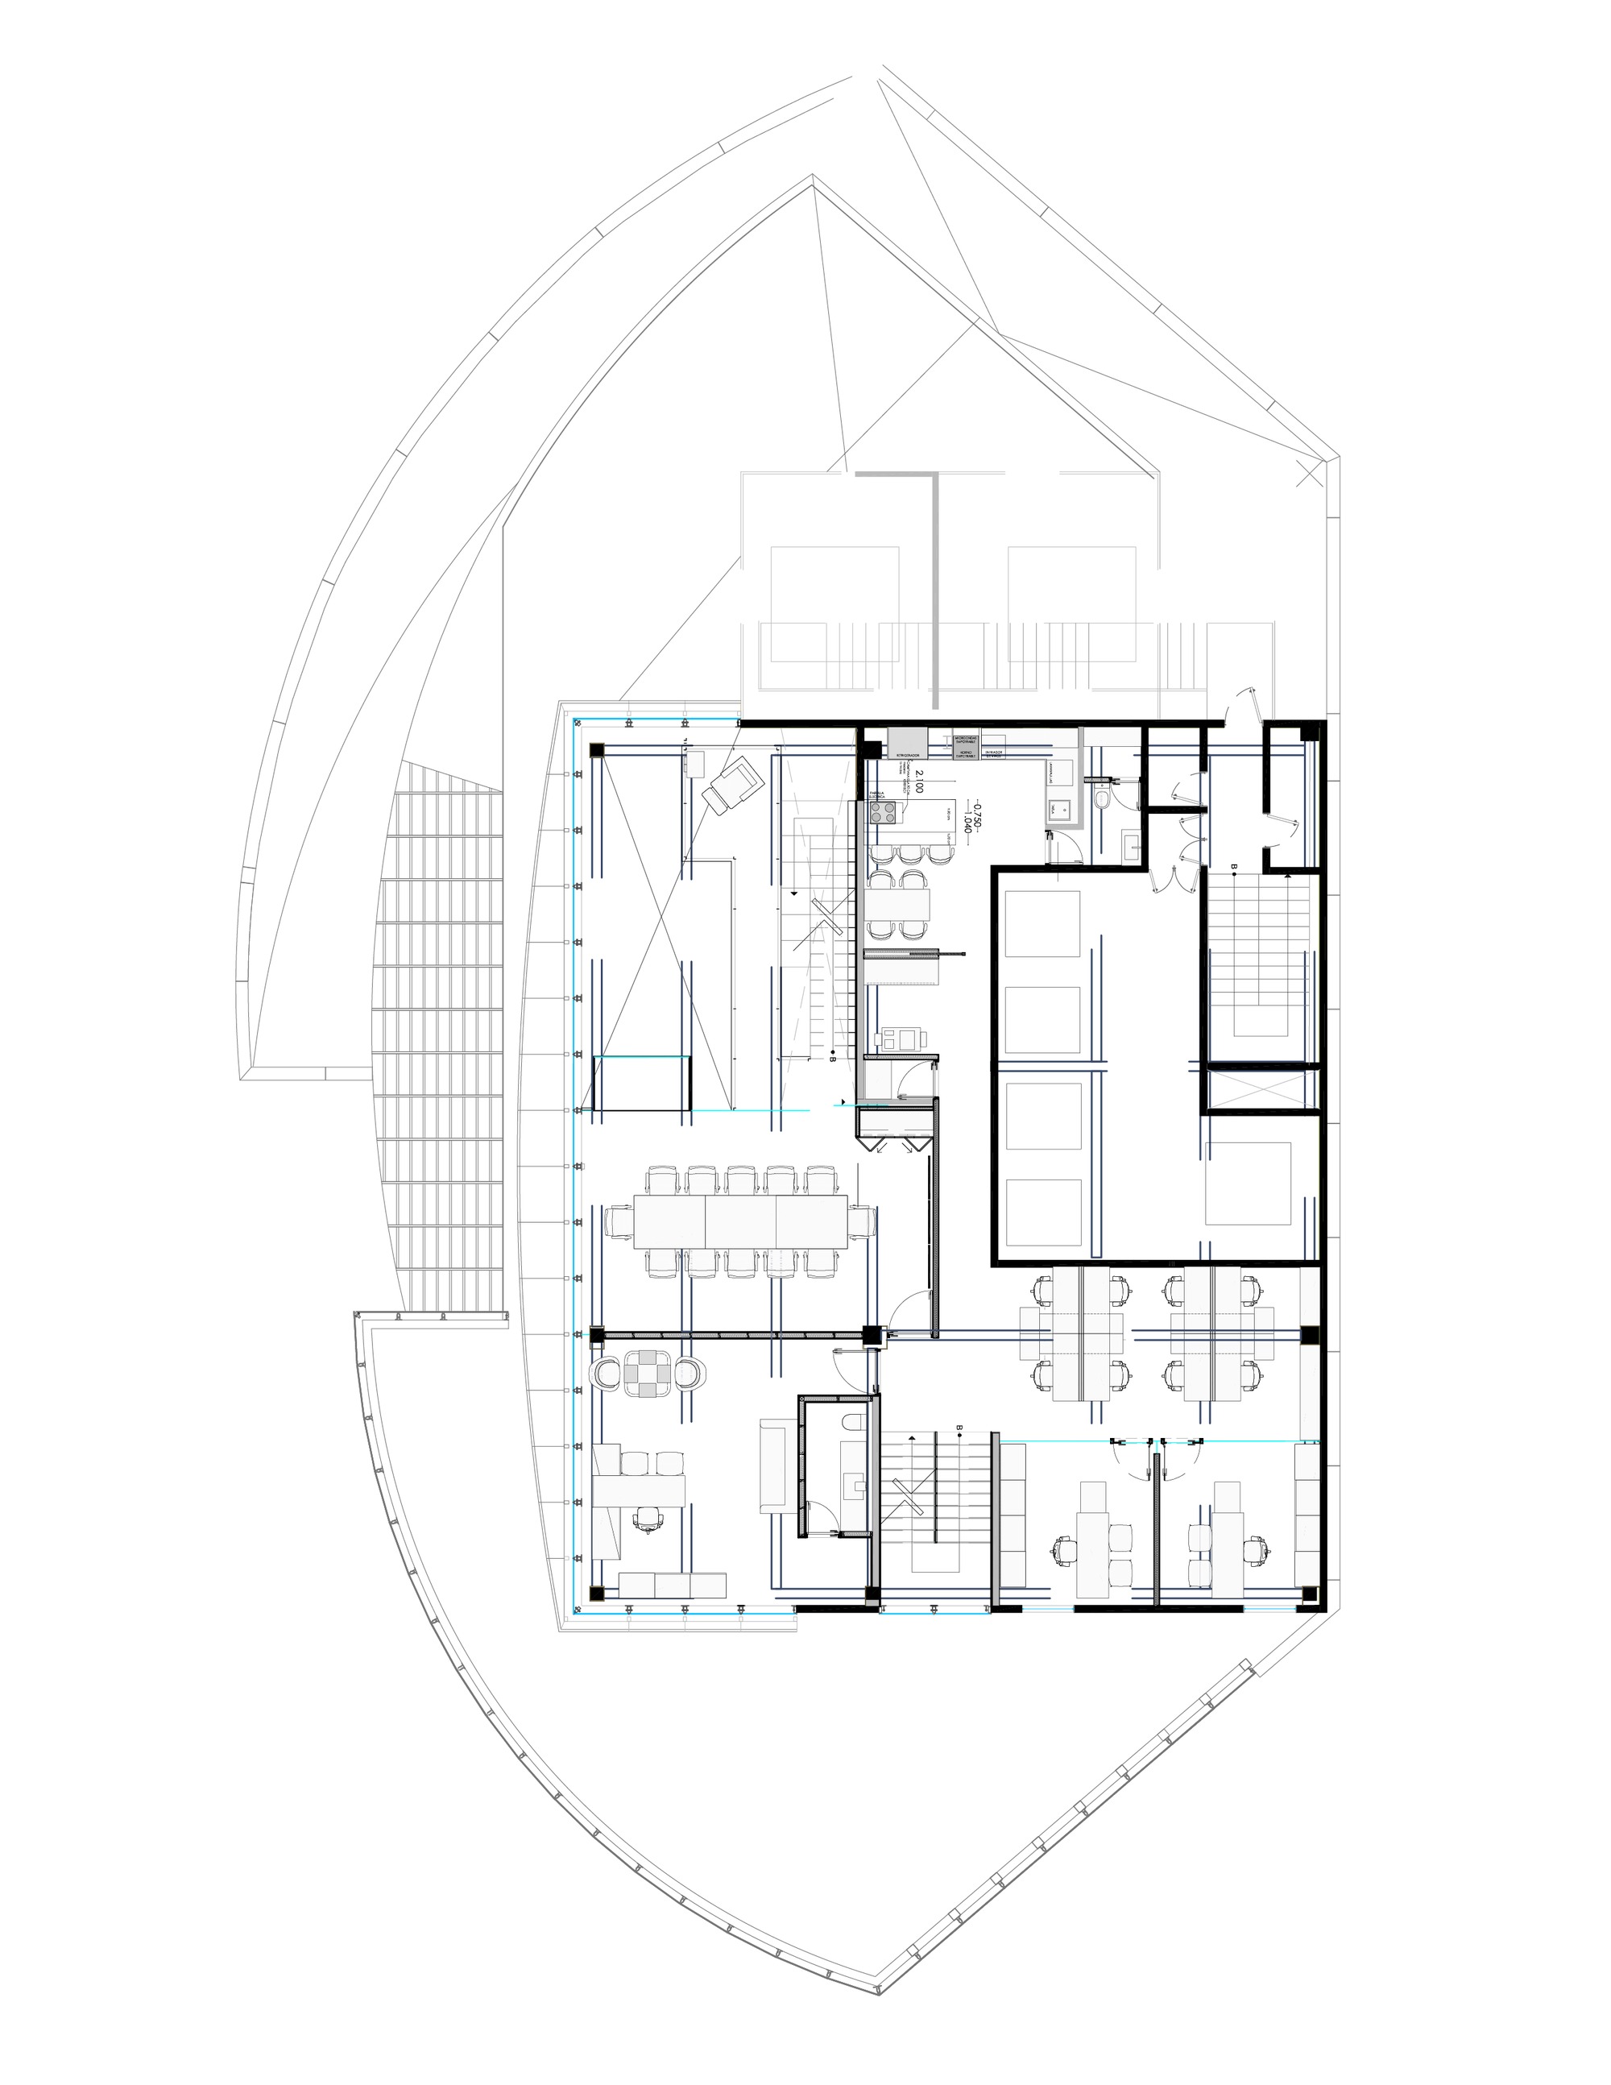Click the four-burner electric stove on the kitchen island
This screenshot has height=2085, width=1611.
pos(884,814)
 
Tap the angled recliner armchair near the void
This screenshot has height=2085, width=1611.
pos(728,783)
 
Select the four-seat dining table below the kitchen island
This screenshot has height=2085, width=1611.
pos(898,902)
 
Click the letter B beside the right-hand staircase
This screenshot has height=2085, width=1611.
pos(1234,867)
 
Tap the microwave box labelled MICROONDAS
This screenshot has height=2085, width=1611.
pos(967,738)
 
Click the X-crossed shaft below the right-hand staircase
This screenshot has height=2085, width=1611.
pos(1261,1088)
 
